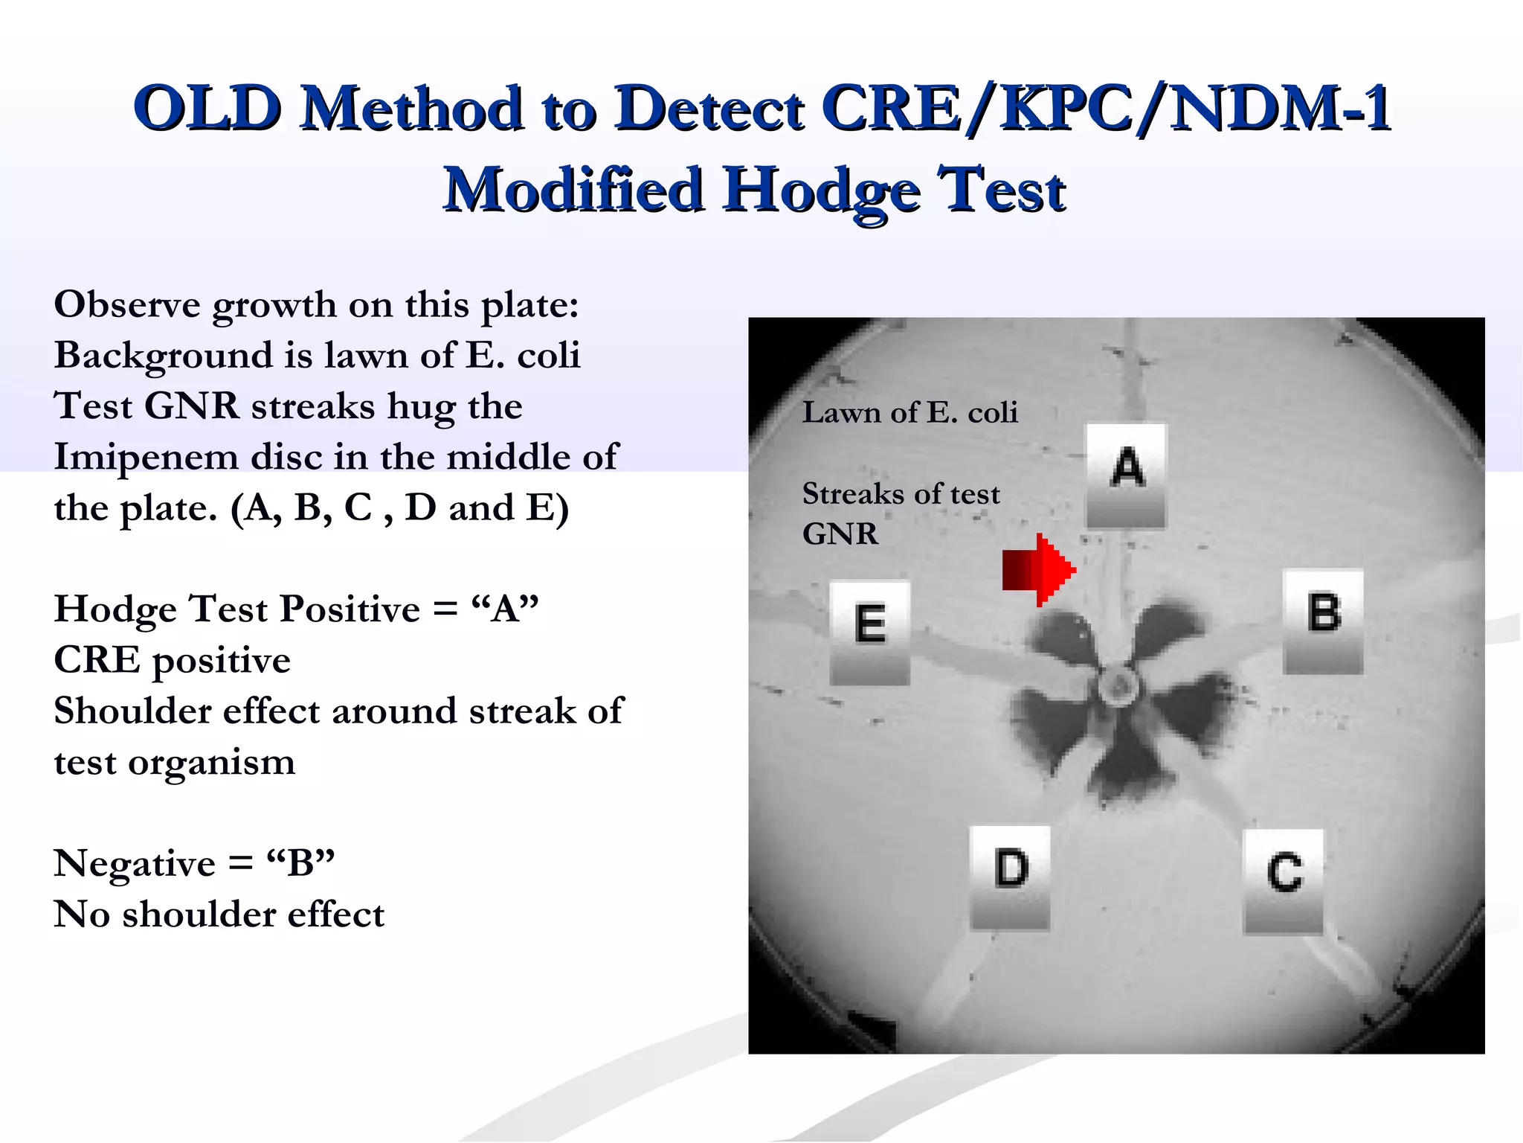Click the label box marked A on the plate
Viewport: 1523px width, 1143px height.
(1127, 475)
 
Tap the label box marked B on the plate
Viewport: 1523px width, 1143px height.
(1324, 621)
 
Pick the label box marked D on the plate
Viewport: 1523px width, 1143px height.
(1011, 877)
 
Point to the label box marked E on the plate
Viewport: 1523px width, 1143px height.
(870, 632)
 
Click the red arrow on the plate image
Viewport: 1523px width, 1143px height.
(1039, 570)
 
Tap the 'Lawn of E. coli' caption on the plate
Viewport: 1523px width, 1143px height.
(909, 412)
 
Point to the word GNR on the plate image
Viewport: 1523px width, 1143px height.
(840, 534)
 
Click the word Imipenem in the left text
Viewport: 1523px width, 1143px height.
(146, 456)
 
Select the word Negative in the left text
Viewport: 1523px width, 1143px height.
(135, 863)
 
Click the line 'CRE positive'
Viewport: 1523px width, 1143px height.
(172, 660)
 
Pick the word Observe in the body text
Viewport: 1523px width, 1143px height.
(127, 304)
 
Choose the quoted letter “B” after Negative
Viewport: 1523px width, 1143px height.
(300, 863)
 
